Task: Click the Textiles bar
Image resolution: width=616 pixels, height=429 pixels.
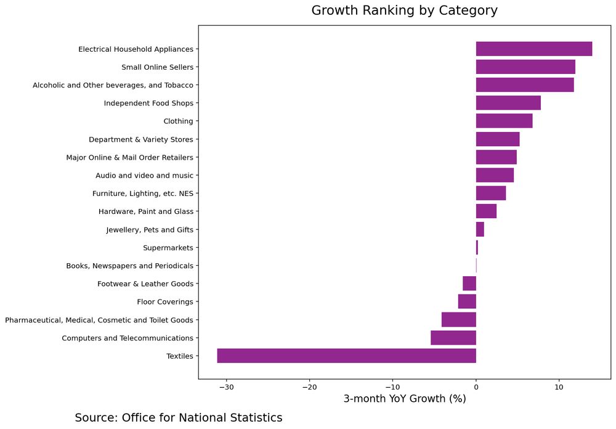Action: tap(346, 356)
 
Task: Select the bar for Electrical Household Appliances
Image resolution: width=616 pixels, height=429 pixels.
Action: tap(533, 49)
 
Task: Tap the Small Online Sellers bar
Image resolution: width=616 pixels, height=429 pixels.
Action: tap(525, 67)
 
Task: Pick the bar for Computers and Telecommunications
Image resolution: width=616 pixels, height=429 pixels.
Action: tap(453, 338)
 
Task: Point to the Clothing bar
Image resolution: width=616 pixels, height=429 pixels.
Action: tap(504, 121)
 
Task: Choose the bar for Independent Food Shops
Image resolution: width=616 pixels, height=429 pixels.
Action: tap(508, 103)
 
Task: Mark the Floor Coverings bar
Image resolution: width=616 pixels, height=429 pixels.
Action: tap(467, 301)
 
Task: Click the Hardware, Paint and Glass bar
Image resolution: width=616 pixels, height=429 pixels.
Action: tap(486, 211)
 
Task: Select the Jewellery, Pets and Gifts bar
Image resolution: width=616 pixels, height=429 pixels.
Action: tap(480, 229)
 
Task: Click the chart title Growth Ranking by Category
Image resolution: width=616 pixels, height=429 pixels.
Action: tap(404, 10)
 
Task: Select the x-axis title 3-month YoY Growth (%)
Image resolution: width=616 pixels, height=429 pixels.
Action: tap(404, 399)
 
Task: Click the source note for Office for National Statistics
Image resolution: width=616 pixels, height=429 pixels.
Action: tap(179, 417)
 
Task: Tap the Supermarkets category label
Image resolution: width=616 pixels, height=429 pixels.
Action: tap(168, 248)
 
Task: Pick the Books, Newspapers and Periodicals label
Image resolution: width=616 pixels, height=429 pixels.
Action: tap(129, 266)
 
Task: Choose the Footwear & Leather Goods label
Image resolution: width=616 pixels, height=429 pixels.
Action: tap(145, 284)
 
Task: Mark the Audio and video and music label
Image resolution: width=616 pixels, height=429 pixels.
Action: tap(144, 176)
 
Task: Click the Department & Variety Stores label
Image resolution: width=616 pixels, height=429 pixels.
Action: tap(140, 139)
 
